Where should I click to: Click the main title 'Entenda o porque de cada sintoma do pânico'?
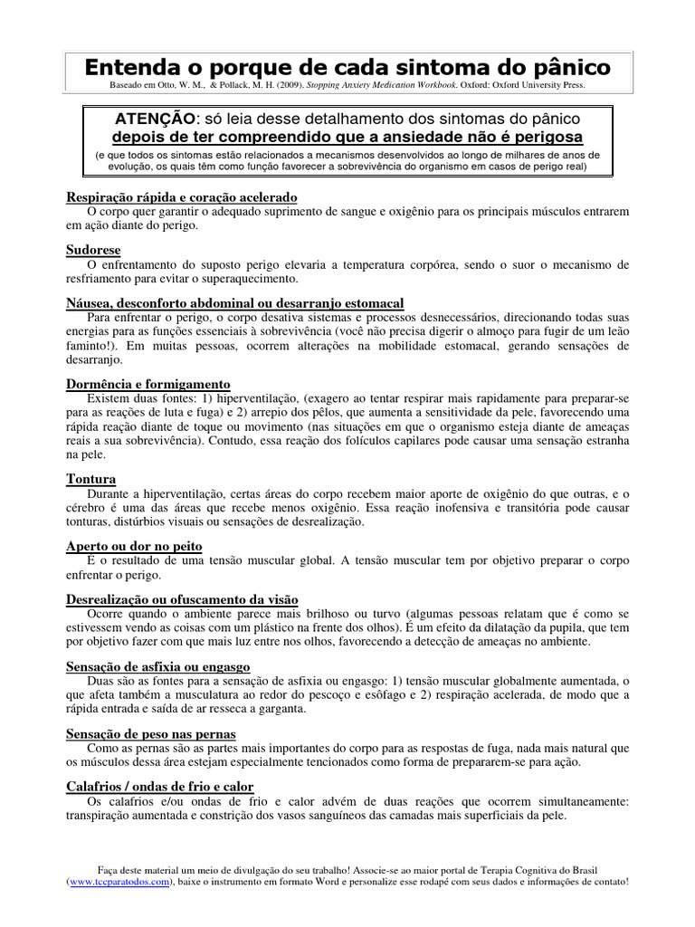(347, 67)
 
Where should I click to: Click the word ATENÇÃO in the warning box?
(154, 119)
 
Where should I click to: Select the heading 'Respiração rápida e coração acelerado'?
(182, 197)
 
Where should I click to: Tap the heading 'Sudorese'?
(93, 249)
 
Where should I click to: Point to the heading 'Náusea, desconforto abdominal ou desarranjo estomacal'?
(235, 301)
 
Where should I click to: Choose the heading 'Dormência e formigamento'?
(148, 384)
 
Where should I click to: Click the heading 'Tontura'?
(91, 478)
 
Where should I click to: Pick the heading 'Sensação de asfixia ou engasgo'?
(157, 666)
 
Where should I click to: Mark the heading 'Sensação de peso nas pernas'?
(150, 733)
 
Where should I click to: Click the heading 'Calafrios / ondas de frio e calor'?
(160, 787)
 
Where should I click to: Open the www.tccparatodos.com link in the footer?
(119, 881)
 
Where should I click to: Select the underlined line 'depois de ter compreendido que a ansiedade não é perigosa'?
(347, 138)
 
